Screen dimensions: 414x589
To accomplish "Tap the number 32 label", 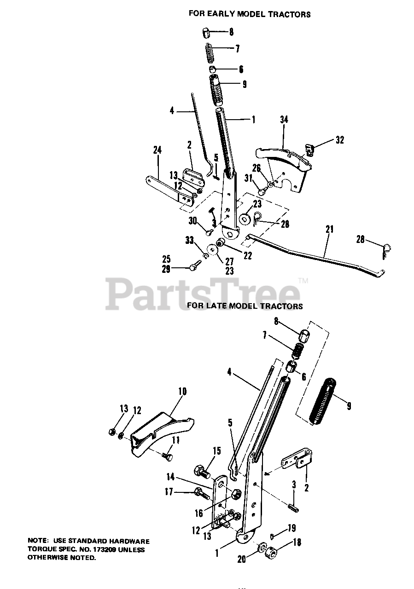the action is point(340,140).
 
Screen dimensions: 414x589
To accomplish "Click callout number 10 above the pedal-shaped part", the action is point(182,392).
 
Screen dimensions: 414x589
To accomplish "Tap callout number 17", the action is point(169,492).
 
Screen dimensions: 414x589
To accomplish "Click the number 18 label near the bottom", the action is point(297,543).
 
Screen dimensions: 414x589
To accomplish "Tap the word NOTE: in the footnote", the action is point(38,542).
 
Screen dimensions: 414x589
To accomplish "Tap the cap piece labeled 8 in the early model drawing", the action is point(206,33).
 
